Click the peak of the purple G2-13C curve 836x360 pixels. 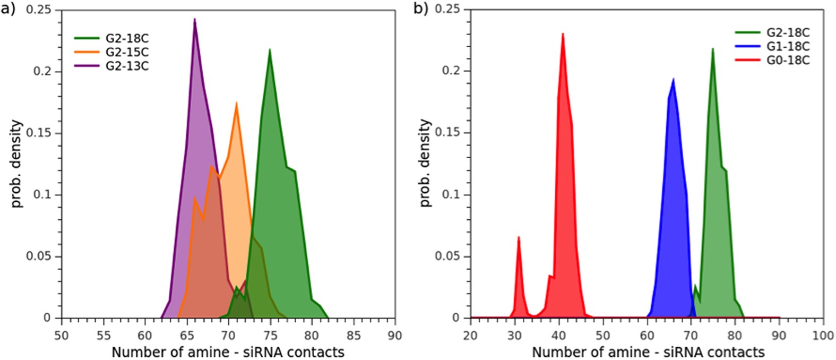[x=195, y=20]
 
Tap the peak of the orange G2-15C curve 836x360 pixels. [x=236, y=103]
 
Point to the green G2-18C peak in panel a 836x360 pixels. [x=270, y=49]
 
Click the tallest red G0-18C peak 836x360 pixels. [x=563, y=34]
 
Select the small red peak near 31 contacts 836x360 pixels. [x=519, y=237]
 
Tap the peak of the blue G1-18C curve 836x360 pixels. [x=673, y=79]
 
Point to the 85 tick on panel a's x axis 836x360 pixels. [x=354, y=336]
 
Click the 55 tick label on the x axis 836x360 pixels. [x=104, y=336]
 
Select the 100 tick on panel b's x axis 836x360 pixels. [x=823, y=336]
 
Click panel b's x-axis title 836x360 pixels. [x=648, y=352]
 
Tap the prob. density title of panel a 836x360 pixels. [x=17, y=163]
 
